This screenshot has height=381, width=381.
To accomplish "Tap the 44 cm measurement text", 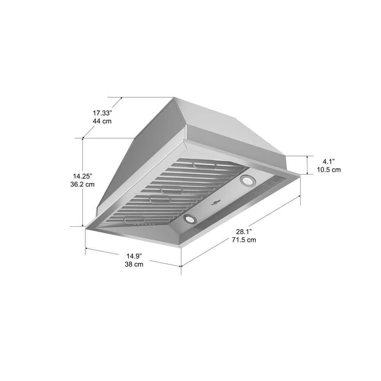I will pos(102,121).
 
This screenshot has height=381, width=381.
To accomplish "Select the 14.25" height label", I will pos(83,176).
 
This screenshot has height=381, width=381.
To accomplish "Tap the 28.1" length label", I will pos(244,232).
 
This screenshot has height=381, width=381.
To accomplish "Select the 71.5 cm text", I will pos(244,240).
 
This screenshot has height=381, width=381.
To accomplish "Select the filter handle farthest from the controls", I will pos(205,165).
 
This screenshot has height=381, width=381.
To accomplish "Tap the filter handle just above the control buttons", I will pos(134,221).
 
